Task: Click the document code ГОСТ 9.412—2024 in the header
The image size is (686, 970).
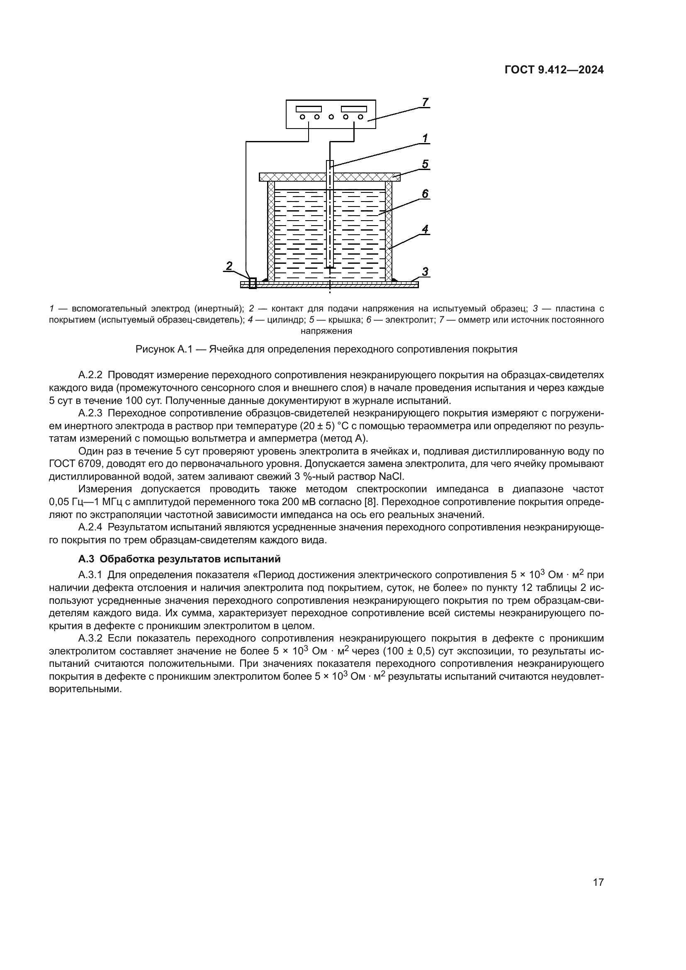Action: coord(554,70)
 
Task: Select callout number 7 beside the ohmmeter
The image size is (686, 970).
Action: coord(425,102)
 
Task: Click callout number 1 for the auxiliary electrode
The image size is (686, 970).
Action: coord(425,138)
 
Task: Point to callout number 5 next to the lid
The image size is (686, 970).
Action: coord(425,164)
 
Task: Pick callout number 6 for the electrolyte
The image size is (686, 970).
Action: coord(425,194)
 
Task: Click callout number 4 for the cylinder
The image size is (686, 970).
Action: coord(425,229)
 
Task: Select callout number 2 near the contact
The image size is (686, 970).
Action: coord(229,266)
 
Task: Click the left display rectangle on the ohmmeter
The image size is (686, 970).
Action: coord(308,109)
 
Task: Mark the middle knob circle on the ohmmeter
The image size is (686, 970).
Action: coord(331,117)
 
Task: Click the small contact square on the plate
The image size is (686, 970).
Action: coord(253,283)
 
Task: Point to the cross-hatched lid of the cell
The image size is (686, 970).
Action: coord(296,177)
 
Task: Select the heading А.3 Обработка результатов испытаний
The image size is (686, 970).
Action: coord(180,559)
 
